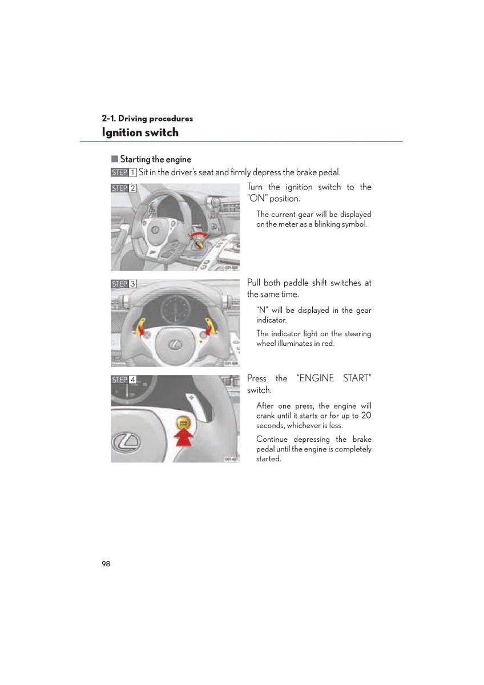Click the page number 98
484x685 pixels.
click(106, 564)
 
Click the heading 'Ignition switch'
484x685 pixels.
click(140, 132)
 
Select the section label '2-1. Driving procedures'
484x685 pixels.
click(147, 119)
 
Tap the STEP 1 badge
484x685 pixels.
click(124, 172)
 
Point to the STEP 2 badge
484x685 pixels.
click(124, 188)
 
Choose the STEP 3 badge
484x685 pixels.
click(124, 284)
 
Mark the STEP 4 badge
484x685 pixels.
click(124, 380)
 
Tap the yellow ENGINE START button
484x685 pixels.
click(183, 424)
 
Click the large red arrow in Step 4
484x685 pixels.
click(183, 441)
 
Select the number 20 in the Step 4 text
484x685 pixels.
click(365, 416)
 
